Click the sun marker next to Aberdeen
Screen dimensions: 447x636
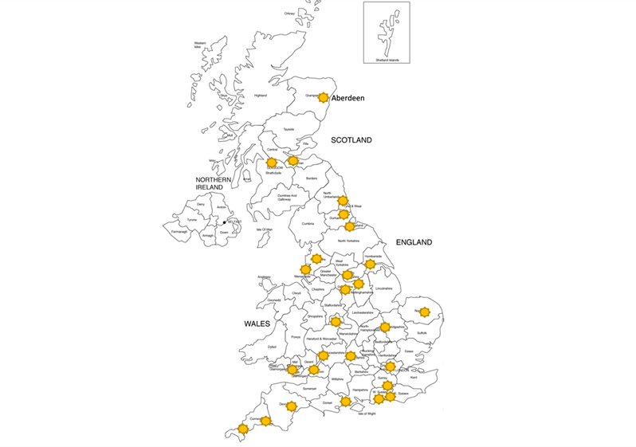point(323,98)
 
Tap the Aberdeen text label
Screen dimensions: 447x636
point(347,98)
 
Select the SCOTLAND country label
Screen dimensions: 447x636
point(351,139)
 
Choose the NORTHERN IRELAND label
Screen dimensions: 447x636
point(210,183)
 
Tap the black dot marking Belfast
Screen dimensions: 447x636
point(225,222)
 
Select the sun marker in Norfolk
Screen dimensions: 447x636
point(425,312)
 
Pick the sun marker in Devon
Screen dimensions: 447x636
point(291,406)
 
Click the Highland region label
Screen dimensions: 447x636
point(260,96)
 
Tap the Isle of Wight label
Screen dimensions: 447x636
point(367,414)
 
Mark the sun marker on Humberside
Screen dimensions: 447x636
point(370,264)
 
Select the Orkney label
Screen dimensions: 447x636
point(289,14)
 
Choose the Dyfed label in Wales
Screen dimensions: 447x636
point(273,347)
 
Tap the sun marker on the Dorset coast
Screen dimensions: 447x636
point(346,401)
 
